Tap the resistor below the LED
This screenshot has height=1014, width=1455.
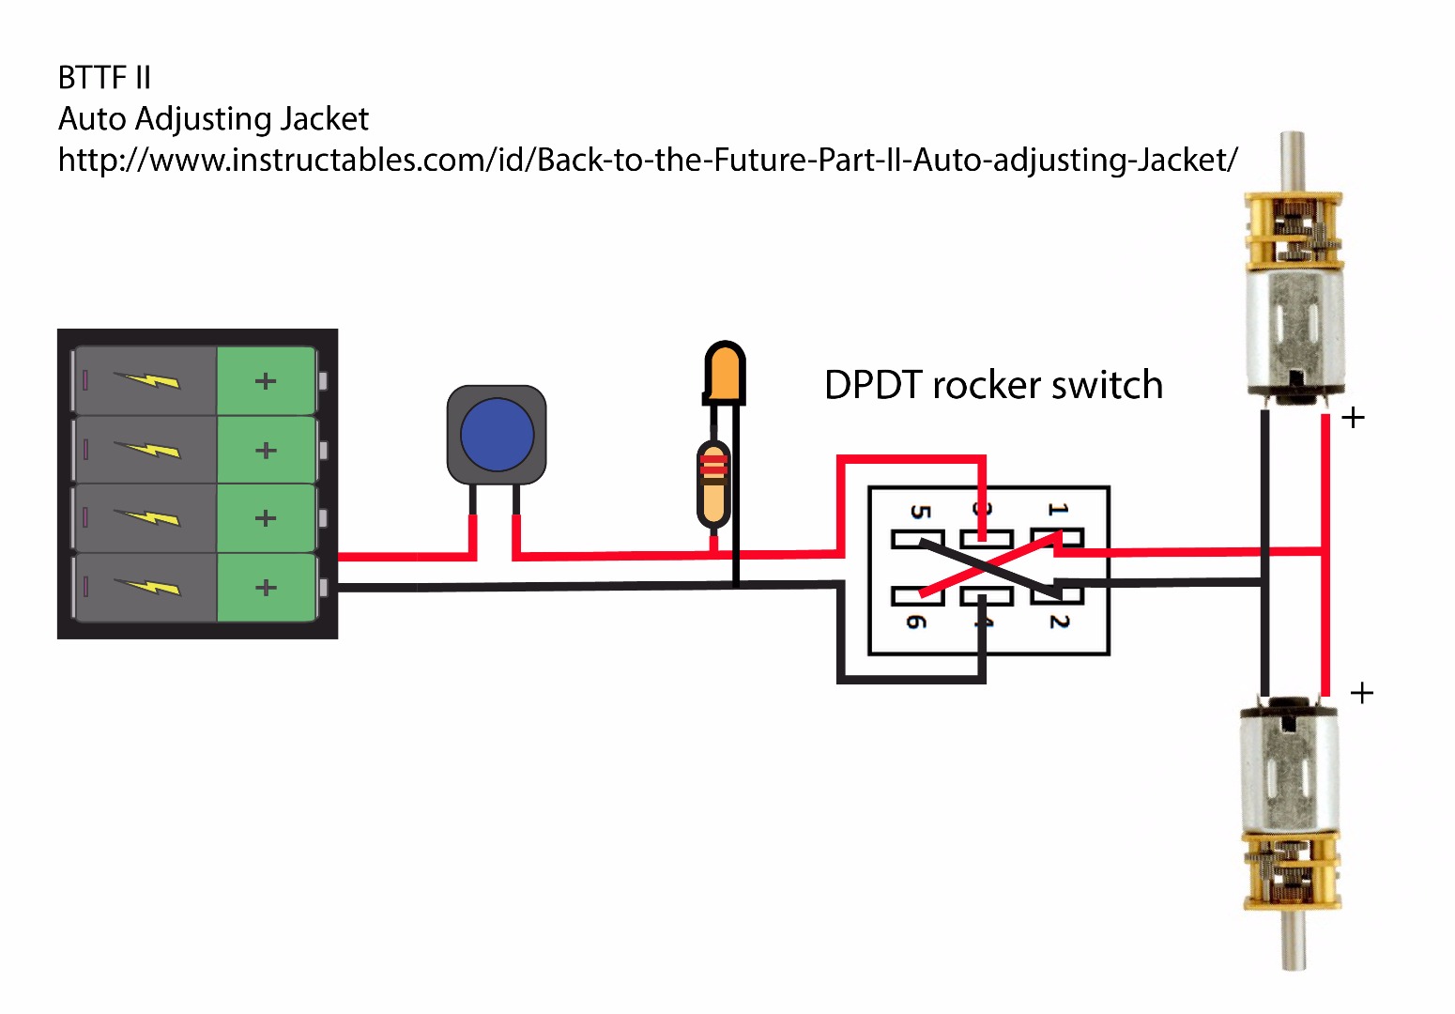coord(713,484)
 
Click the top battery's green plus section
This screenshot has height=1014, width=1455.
coord(266,380)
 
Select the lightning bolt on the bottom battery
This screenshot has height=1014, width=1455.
coord(147,587)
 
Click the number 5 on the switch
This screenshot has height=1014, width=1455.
coord(920,512)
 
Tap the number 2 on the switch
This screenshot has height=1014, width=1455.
coord(1059,622)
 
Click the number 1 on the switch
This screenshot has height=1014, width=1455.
coord(1058,509)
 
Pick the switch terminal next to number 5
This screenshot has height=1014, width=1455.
coord(915,540)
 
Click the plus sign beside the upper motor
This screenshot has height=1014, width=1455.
coord(1353,418)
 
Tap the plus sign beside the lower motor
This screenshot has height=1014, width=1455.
coord(1361,693)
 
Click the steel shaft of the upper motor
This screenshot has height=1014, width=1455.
coord(1293,160)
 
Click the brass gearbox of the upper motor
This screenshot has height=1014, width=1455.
coord(1293,230)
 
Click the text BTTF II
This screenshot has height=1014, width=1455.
coord(104,78)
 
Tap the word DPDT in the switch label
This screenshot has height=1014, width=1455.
coord(873,385)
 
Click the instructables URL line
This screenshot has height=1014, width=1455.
coord(648,160)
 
